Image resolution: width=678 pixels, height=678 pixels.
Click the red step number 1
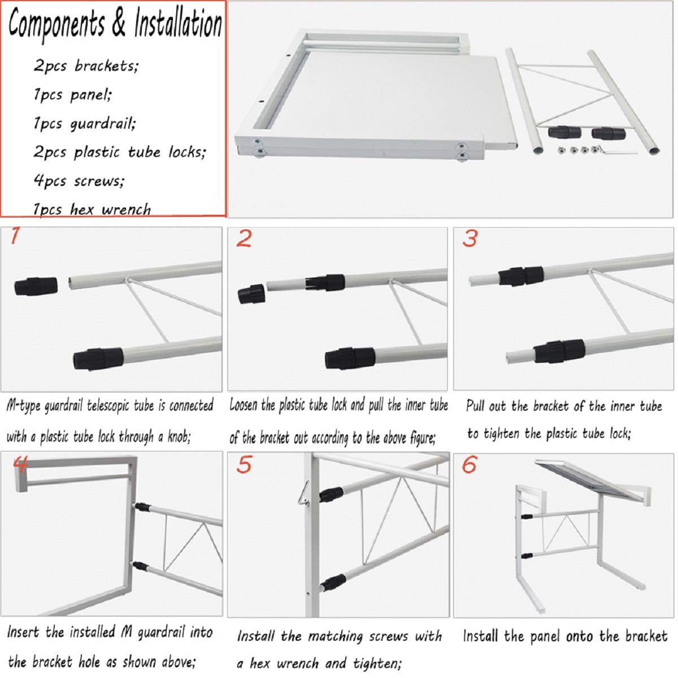tap(15, 236)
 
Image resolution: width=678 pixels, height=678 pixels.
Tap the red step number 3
tap(470, 238)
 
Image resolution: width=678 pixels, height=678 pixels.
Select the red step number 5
tap(244, 466)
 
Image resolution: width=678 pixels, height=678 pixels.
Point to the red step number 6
tap(470, 465)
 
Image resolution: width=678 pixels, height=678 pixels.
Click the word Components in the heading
tap(56, 25)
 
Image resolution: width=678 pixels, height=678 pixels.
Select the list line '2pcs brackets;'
tap(86, 66)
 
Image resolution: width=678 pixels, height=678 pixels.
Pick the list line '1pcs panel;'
tap(73, 94)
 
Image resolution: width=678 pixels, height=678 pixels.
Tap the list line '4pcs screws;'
tap(79, 181)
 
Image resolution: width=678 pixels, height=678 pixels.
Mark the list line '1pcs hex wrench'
tap(92, 210)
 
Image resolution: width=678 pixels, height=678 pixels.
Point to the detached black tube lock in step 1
tap(35, 285)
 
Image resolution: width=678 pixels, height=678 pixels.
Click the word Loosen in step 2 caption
tap(244, 406)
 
